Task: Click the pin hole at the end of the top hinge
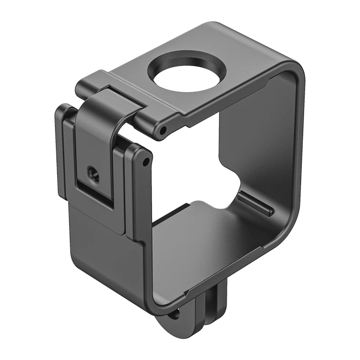[x=163, y=130]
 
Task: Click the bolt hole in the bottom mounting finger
[x=172, y=314]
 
